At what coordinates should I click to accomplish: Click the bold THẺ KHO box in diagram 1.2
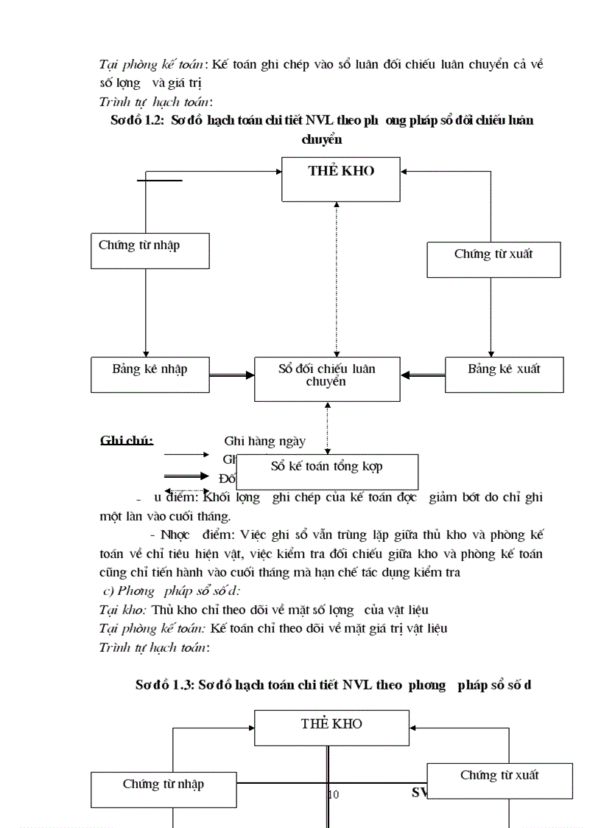[x=340, y=178]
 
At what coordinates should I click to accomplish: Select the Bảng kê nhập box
[x=150, y=375]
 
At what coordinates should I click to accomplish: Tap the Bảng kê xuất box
[x=504, y=375]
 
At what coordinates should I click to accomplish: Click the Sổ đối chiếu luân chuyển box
[x=327, y=379]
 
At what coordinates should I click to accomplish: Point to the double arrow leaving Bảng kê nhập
[x=231, y=375]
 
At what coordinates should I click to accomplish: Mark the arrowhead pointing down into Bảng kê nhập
[x=146, y=353]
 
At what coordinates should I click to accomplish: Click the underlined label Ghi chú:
[x=127, y=441]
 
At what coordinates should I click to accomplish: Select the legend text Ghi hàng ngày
[x=264, y=442]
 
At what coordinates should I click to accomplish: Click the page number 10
[x=333, y=794]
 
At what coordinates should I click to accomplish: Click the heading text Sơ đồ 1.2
[x=137, y=121]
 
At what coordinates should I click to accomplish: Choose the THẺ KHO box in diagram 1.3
[x=331, y=728]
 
